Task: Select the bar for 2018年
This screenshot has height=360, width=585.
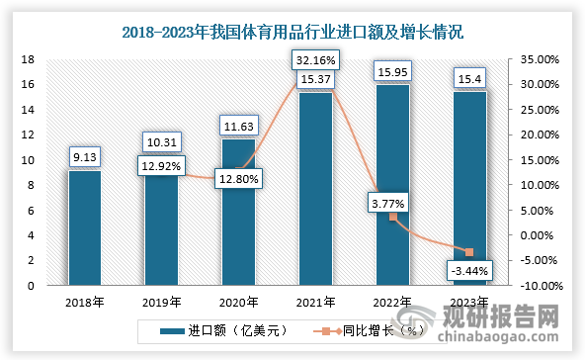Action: tap(85, 227)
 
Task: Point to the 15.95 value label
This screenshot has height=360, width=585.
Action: tap(393, 71)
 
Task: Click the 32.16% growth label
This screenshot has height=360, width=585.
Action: tap(316, 61)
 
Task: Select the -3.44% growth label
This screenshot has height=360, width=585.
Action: tap(469, 271)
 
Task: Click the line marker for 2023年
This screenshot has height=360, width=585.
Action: tap(469, 252)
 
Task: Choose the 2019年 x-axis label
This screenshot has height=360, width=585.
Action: tap(162, 303)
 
